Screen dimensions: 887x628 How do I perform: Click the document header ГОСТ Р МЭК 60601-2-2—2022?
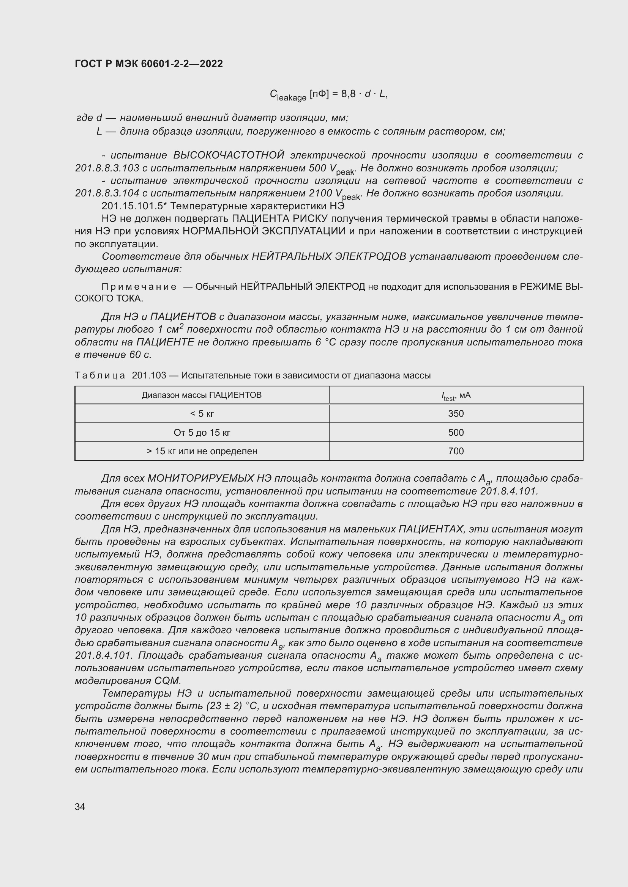coord(149,64)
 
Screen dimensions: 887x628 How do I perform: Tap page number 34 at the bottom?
coord(80,807)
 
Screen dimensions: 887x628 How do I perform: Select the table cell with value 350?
coord(456,414)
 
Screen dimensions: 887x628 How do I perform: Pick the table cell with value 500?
coord(456,432)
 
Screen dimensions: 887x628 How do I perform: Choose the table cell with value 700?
coord(456,451)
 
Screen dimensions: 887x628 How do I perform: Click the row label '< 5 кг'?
coord(202,414)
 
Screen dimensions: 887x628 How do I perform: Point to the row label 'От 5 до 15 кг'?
coord(202,432)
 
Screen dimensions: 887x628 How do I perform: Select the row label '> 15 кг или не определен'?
coord(202,451)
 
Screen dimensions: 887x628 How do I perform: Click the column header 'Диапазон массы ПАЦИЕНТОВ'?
coord(202,395)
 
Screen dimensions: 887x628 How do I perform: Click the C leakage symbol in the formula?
coord(288,95)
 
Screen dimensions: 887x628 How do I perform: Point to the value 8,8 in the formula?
coord(348,94)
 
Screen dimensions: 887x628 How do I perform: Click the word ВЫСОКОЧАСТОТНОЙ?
coord(229,155)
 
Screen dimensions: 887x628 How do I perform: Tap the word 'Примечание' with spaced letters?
coord(139,287)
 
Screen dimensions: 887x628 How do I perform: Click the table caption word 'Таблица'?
coord(100,375)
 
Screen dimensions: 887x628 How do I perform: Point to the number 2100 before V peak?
coord(320,193)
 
